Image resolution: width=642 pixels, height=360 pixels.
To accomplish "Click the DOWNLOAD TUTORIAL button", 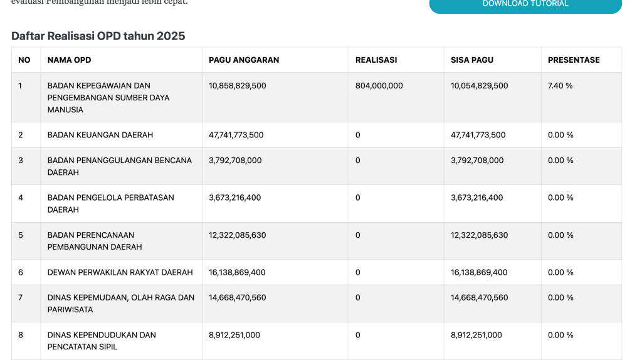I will (x=525, y=4).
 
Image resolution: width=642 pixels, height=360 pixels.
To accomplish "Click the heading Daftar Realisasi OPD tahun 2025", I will (x=98, y=36).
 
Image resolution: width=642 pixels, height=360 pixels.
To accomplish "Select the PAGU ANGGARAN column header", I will (x=244, y=60).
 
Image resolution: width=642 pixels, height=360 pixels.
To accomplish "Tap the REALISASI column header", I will (x=376, y=60).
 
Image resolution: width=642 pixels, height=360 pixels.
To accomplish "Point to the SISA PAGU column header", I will (x=472, y=60).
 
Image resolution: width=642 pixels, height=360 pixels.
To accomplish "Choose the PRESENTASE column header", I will (x=574, y=60).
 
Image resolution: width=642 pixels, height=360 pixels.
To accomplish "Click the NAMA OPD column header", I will (x=69, y=60).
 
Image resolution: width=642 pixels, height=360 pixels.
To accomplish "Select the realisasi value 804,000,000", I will (x=379, y=85).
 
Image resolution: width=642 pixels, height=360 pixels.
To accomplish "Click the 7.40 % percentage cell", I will (x=560, y=85).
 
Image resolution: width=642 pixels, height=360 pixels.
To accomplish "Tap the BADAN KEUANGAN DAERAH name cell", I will (x=100, y=135).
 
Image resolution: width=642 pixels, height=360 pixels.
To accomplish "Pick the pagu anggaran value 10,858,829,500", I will (x=238, y=85).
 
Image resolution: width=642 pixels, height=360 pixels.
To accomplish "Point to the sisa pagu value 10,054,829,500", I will (x=480, y=85).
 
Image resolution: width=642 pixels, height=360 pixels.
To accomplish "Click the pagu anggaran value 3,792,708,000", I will (x=235, y=160).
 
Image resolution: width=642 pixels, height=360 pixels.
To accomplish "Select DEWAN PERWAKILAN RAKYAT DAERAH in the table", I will (x=120, y=272).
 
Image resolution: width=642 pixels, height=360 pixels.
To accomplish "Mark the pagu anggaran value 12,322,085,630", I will (x=238, y=235).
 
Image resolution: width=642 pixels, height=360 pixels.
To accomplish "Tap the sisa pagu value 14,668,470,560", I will (x=480, y=297).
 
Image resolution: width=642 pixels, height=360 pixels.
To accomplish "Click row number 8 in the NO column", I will (x=21, y=335).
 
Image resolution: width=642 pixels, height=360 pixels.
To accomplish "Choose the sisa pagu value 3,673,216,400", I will (x=477, y=198).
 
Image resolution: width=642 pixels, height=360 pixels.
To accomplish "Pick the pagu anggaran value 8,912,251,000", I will (x=234, y=335).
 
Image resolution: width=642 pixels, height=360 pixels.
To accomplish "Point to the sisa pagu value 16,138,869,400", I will (x=480, y=272).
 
